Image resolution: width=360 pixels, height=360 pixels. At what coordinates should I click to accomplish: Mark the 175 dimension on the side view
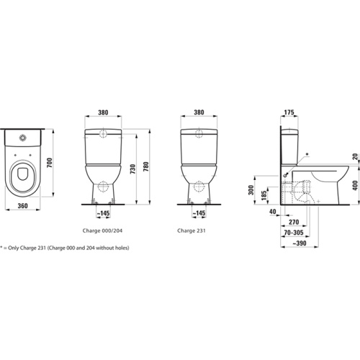(291, 112)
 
